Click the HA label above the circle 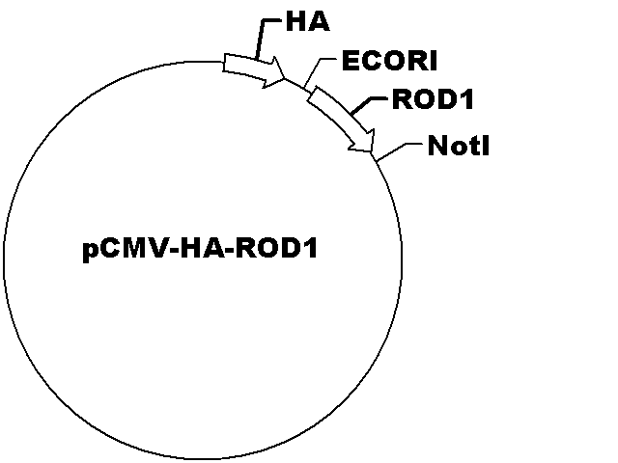(307, 21)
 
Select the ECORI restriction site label (389, 61)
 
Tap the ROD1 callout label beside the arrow (433, 98)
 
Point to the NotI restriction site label (459, 146)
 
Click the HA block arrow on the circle (254, 70)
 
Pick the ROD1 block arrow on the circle (341, 119)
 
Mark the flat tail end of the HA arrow (224, 63)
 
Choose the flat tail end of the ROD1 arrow (313, 95)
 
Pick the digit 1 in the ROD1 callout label (466, 98)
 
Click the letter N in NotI (437, 146)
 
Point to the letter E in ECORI (350, 61)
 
